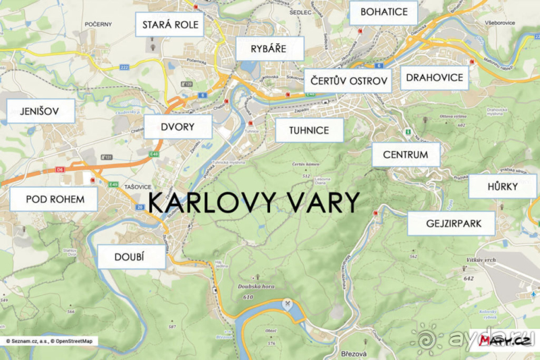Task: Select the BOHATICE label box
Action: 383,13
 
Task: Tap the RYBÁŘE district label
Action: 269,49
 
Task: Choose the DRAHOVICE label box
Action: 435,78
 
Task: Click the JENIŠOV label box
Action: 40,111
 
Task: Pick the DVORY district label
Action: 178,126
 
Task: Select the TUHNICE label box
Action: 309,130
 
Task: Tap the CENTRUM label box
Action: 406,155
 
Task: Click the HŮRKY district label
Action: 503,186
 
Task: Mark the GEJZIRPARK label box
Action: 451,223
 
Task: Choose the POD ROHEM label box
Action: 54,199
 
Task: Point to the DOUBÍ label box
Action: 131,257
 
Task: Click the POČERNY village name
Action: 98,24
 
